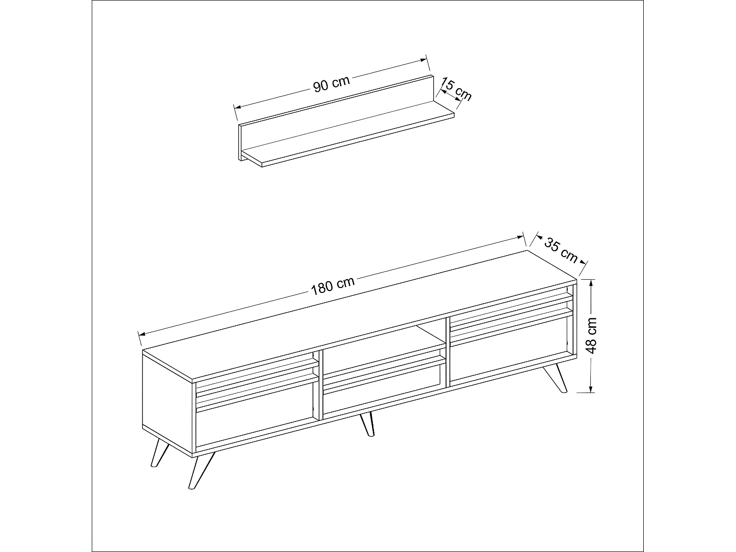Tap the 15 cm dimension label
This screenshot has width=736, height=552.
click(x=456, y=89)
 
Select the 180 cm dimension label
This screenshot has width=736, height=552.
click(x=333, y=286)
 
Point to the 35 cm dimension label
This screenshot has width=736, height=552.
click(x=561, y=250)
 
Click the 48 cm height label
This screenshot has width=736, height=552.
click(x=592, y=336)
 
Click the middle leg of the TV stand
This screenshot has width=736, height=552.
click(x=367, y=424)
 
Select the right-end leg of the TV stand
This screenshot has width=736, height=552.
click(x=555, y=378)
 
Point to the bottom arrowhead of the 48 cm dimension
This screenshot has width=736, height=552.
click(x=591, y=388)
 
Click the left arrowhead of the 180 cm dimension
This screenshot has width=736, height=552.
click(x=142, y=334)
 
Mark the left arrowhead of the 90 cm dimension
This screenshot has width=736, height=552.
click(x=237, y=107)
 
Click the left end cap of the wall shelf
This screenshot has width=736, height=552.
click(x=240, y=142)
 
